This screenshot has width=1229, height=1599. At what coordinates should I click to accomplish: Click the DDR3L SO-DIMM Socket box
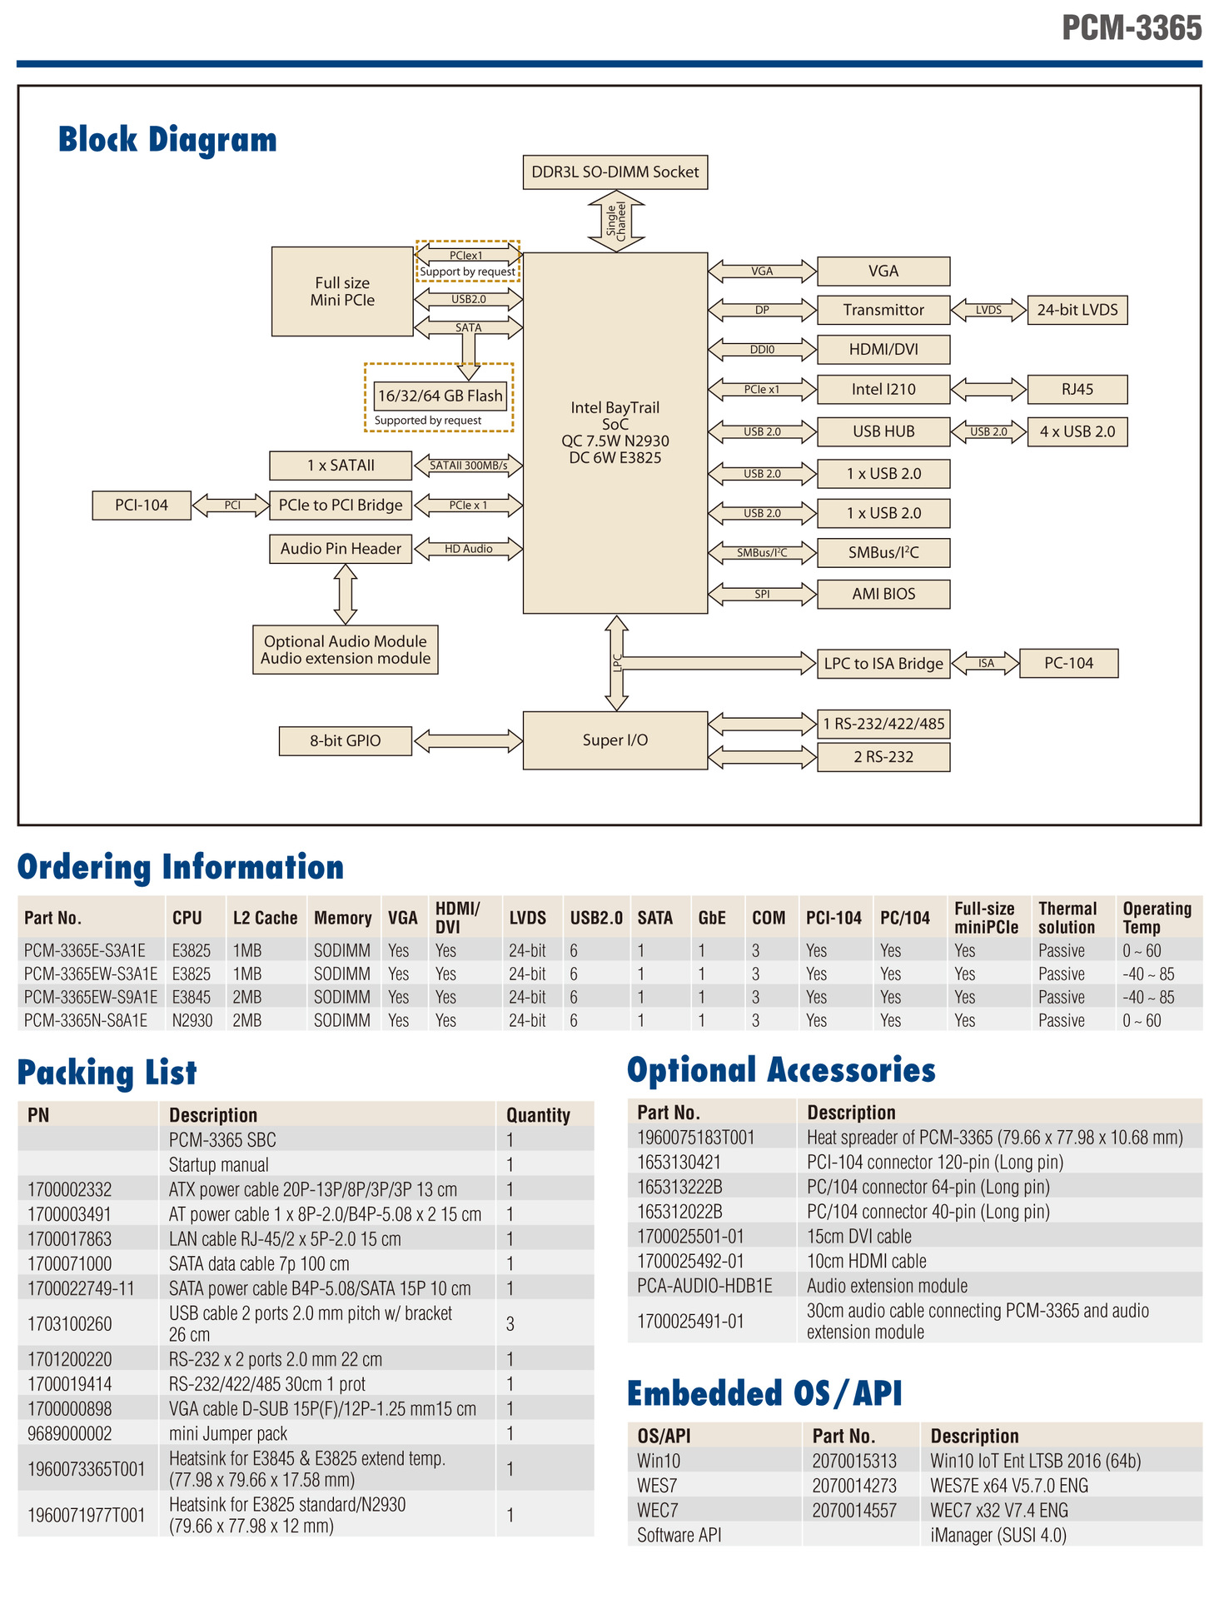614,172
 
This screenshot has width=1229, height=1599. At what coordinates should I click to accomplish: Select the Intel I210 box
883,389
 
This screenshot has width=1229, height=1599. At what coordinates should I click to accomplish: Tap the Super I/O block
614,740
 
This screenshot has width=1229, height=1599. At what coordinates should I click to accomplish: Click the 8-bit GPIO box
345,740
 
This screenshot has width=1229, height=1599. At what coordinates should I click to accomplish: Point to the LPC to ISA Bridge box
883,664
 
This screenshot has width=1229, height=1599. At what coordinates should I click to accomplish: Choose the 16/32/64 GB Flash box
440,396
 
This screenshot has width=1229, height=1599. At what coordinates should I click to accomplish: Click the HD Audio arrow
468,549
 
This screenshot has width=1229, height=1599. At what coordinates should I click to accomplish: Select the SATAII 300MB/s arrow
468,466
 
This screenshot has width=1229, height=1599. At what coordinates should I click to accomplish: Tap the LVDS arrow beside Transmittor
988,310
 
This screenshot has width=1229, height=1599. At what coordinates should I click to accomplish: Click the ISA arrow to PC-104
986,664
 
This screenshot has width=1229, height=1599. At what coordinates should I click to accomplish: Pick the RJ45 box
1077,389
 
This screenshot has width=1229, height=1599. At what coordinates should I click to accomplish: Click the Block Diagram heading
167,140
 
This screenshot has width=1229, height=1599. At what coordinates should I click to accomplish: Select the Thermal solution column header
1067,918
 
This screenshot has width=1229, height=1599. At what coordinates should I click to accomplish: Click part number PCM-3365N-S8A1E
86,1020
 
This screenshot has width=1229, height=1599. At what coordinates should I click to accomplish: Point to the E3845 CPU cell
191,997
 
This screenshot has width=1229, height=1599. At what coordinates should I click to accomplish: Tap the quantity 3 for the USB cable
510,1323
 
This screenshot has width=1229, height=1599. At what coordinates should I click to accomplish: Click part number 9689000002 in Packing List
69,1433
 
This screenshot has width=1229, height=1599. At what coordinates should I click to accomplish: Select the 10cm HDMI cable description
866,1261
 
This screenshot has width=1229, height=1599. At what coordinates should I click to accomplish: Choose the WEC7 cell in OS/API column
658,1510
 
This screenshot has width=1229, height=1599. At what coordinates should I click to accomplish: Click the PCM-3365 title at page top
1132,28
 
